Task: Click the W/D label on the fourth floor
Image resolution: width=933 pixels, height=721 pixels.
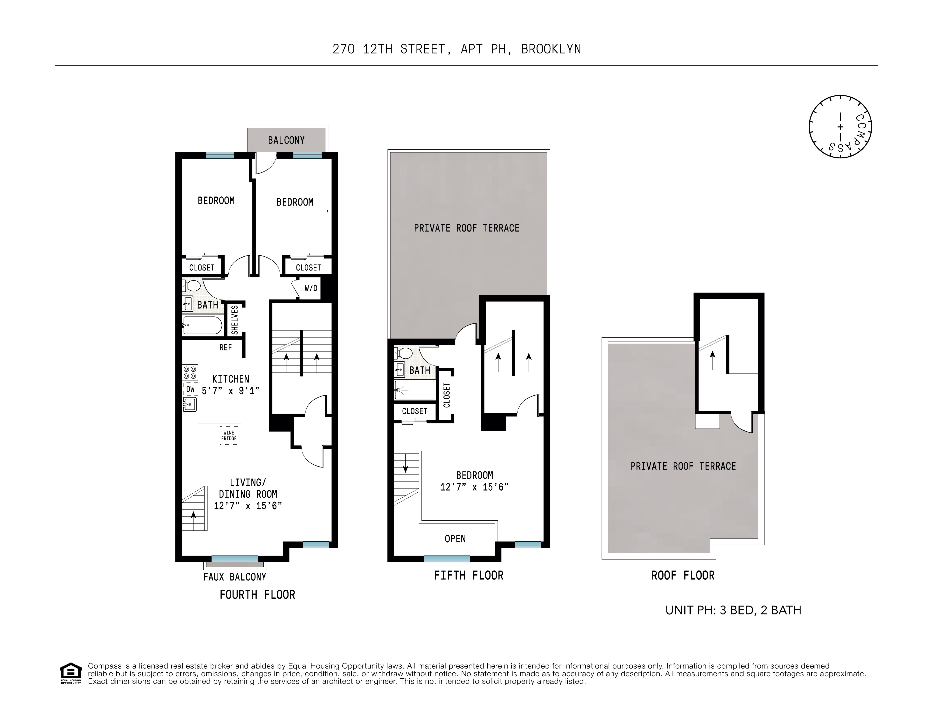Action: (x=311, y=288)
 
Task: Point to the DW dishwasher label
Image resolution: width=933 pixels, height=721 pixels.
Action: (x=190, y=389)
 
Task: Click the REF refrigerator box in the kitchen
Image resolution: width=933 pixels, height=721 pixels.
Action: (x=226, y=347)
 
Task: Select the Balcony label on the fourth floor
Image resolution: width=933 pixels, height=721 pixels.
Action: (x=286, y=140)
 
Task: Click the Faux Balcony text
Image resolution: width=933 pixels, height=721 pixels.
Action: (x=234, y=577)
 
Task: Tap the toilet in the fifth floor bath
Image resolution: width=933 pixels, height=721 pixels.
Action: (x=403, y=353)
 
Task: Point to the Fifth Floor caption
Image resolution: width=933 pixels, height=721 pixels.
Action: (x=469, y=575)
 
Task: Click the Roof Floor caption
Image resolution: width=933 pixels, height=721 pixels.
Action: (x=683, y=575)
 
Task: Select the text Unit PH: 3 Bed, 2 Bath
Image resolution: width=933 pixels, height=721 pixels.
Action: (x=733, y=610)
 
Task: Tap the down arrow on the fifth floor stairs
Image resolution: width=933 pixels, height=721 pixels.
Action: (x=405, y=469)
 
